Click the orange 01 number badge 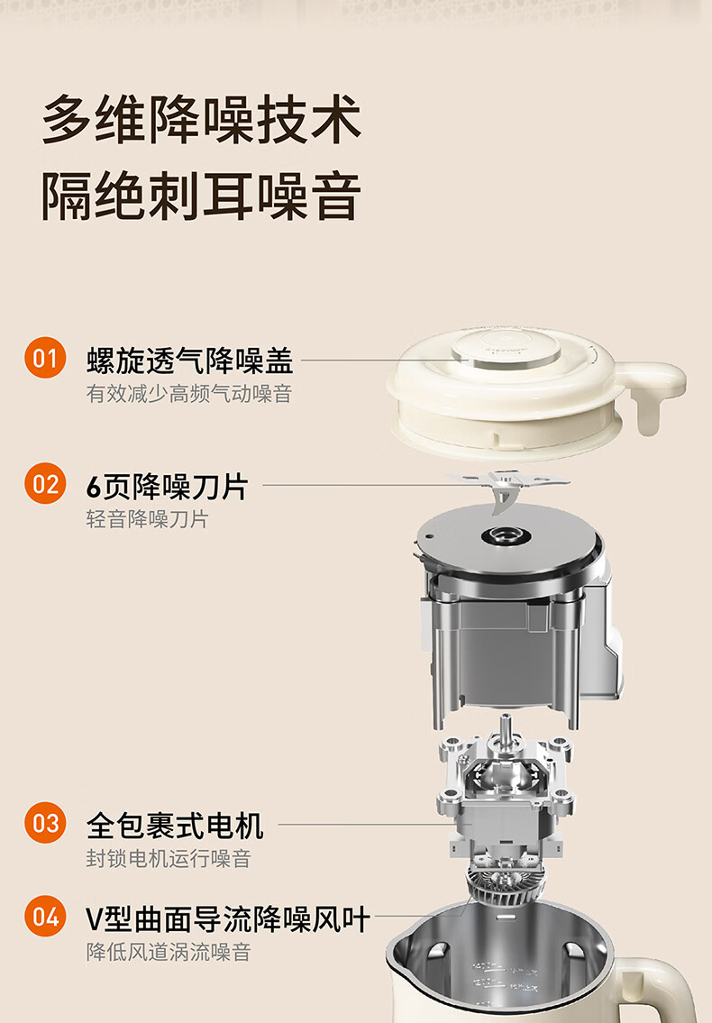click(45, 358)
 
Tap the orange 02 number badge click(45, 483)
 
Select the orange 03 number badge click(45, 823)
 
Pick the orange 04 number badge click(45, 916)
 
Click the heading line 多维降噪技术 click(202, 119)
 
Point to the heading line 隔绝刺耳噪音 click(202, 196)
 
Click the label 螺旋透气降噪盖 click(190, 361)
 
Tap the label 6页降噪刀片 click(167, 487)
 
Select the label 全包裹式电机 click(175, 826)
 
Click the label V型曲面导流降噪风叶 click(228, 919)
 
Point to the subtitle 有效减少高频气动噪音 click(188, 393)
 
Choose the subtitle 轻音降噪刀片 click(148, 519)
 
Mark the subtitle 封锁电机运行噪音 click(169, 858)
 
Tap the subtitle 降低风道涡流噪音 click(169, 952)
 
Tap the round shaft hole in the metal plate click(506, 537)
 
